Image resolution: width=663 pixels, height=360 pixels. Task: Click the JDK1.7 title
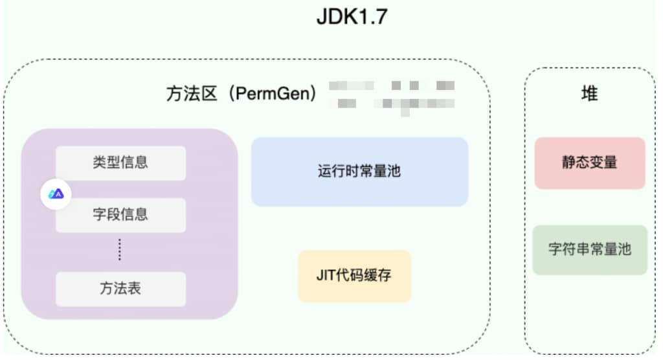tap(352, 17)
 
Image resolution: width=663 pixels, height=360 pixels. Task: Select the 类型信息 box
tap(120, 163)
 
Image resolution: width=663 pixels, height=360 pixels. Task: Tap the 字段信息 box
tap(120, 214)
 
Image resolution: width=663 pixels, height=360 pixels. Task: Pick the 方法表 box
tap(120, 289)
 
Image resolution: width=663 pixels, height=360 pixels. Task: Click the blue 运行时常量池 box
tap(359, 172)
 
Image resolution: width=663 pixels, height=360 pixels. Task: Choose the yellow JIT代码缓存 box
tap(354, 276)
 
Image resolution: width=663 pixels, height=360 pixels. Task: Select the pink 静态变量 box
tap(589, 163)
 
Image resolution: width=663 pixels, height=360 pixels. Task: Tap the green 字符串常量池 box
tap(589, 249)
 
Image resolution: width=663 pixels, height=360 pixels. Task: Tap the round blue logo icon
tap(56, 194)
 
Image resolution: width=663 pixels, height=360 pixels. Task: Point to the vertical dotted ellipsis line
tap(120, 249)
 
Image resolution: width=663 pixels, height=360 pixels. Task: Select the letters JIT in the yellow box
tap(324, 276)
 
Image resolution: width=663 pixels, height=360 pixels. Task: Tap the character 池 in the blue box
tap(394, 172)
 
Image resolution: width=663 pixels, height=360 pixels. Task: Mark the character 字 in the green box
tap(555, 249)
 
